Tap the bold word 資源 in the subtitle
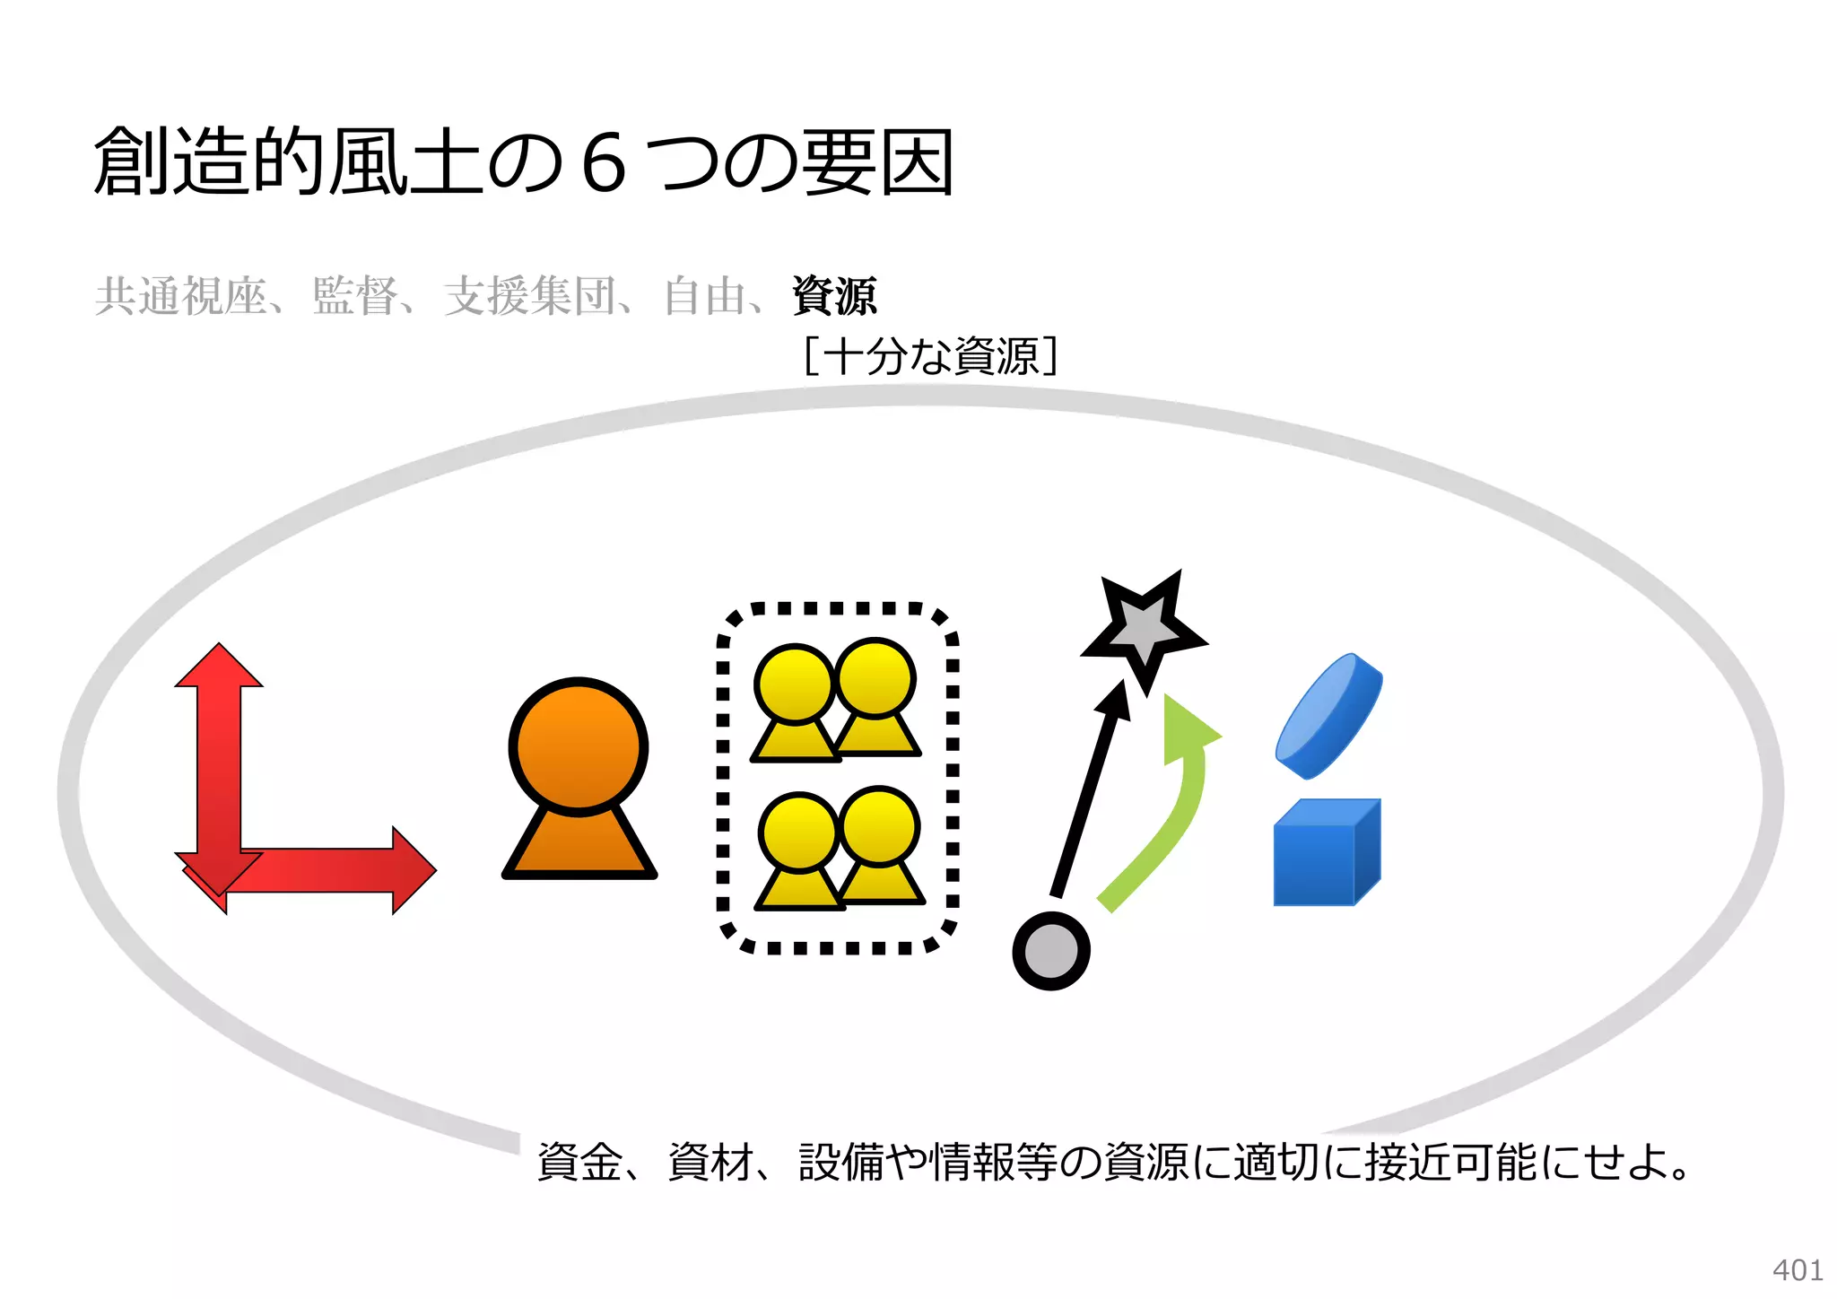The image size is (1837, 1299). click(833, 296)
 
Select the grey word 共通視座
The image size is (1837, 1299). click(180, 296)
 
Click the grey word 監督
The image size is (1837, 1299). click(354, 296)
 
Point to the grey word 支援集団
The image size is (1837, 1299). click(529, 296)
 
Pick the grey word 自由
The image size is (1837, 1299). click(705, 296)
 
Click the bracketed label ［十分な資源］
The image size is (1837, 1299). click(930, 356)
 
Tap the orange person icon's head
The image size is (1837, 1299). click(579, 746)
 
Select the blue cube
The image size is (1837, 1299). click(1325, 854)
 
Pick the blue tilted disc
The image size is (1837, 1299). click(1328, 716)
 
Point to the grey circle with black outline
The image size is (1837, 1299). click(1050, 951)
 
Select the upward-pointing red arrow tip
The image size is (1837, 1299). click(219, 664)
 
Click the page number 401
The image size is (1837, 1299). click(1797, 1270)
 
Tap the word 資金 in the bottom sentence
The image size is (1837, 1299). click(579, 1163)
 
